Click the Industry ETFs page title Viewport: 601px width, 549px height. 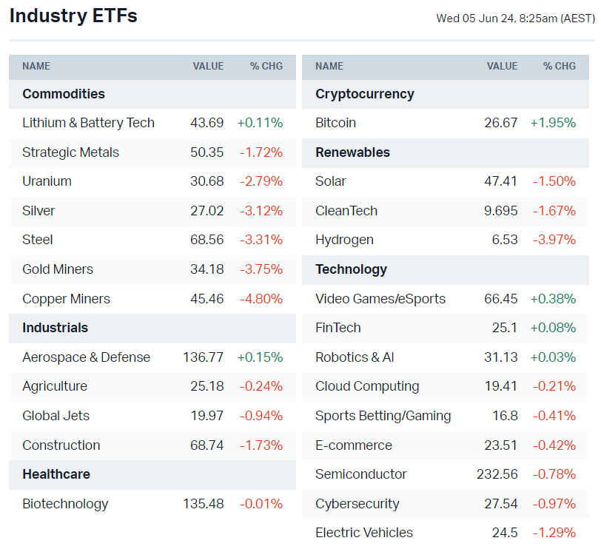point(73,16)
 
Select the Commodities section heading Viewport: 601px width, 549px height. point(64,94)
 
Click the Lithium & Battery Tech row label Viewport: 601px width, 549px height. point(88,123)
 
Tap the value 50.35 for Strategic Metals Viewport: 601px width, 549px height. point(207,152)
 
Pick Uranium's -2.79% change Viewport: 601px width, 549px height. point(261,181)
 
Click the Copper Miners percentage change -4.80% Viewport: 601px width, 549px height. point(261,299)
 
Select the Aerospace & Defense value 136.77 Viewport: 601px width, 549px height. point(203,357)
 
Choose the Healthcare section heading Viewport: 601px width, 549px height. point(56,474)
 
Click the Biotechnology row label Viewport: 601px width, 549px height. point(65,504)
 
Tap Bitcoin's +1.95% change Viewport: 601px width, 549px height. point(553,123)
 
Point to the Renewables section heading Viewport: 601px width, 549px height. point(352,152)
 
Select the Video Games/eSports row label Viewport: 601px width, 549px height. point(380,299)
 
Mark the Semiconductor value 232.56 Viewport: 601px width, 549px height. point(497,474)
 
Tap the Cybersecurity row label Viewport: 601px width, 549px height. point(357,504)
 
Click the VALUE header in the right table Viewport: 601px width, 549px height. point(502,66)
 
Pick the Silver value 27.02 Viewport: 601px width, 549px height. point(207,211)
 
